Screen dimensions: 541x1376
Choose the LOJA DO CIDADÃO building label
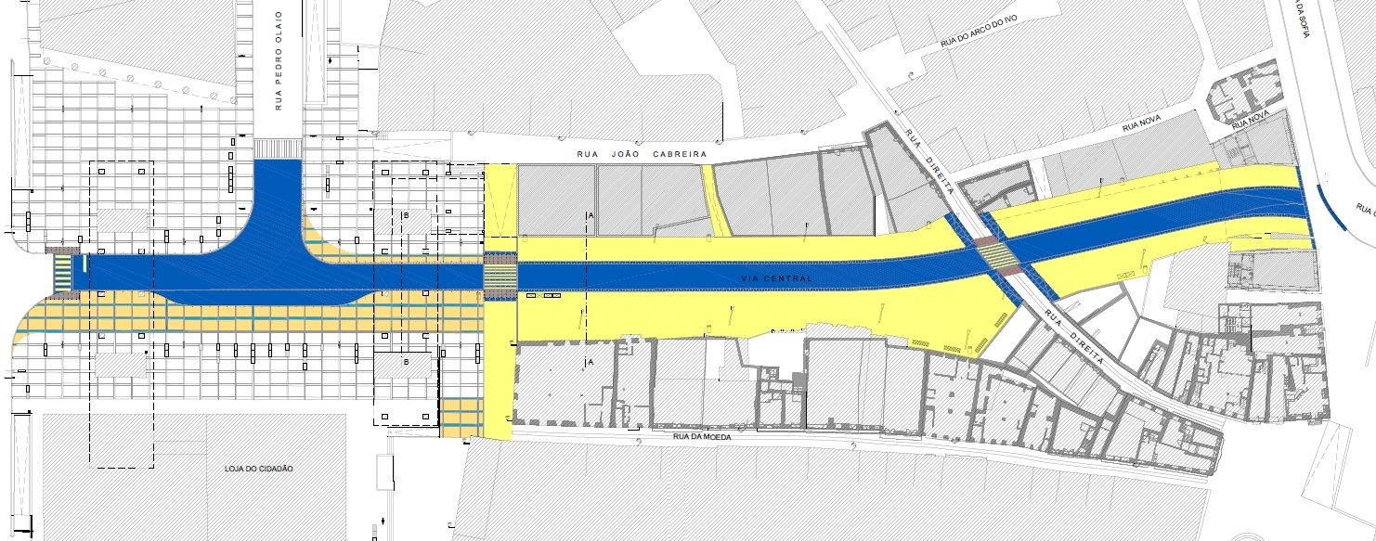coord(259,469)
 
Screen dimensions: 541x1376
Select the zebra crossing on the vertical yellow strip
coord(500,276)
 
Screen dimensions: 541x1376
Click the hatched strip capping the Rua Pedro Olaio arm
coord(278,148)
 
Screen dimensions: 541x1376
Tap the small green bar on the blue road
coord(84,264)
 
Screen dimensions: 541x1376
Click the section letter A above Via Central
coord(591,214)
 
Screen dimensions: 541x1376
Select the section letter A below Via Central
coord(591,363)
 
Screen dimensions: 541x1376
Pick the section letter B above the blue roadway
coord(406,215)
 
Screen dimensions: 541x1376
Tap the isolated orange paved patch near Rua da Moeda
coord(461,418)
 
